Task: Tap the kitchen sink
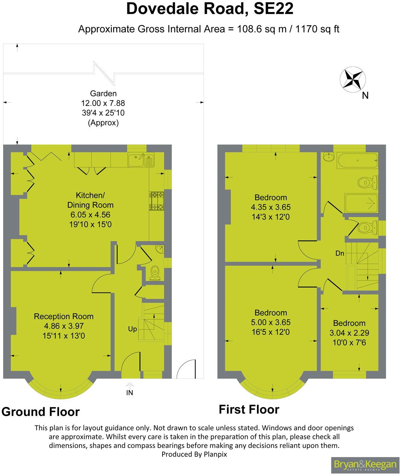141,160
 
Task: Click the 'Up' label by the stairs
132,329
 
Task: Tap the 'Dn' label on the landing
340,253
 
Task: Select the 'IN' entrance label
130,393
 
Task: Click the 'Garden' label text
103,94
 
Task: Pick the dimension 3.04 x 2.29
349,333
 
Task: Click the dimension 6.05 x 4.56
90,215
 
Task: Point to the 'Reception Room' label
64,316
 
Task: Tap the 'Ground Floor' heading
40,412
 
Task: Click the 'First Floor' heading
249,409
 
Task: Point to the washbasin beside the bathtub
329,157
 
